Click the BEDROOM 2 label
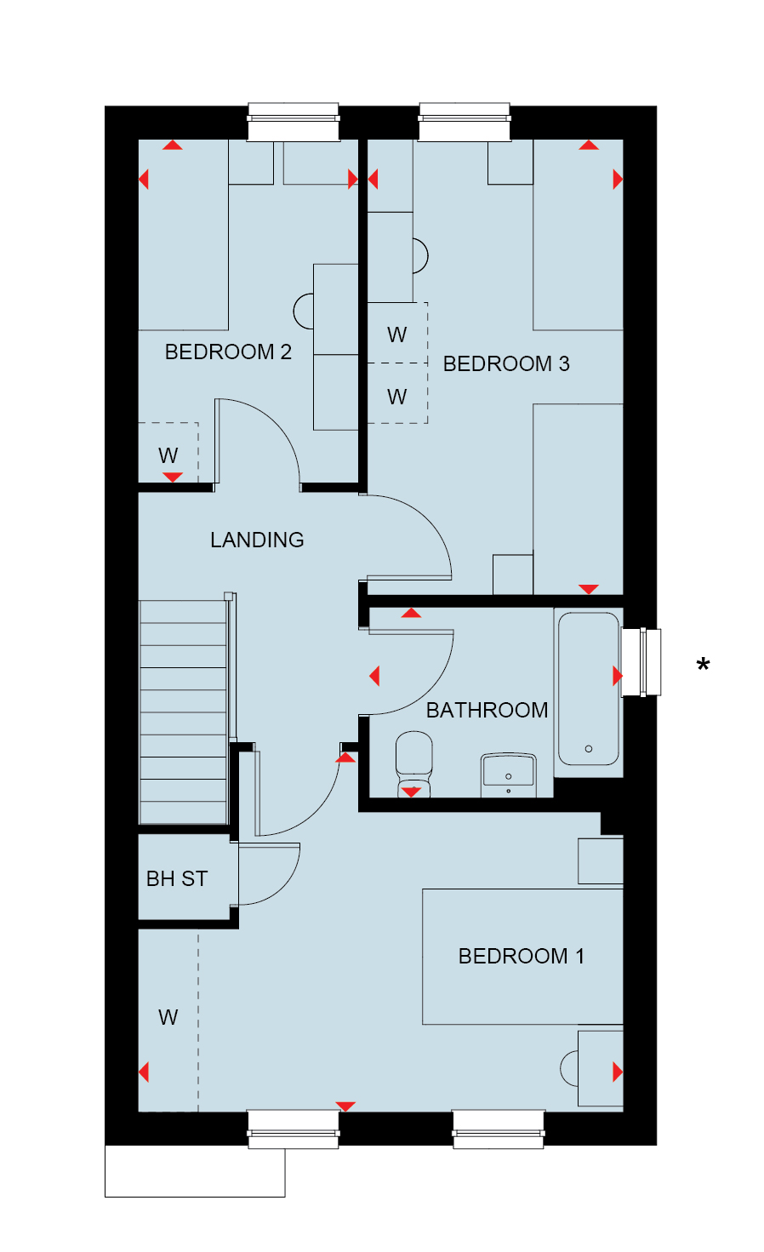228,352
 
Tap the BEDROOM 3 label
506,364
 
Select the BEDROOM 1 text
522,957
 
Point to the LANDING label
257,540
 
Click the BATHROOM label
487,711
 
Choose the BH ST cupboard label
177,879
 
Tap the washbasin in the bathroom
509,775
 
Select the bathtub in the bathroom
589,689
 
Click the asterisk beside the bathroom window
703,664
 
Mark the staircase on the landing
183,712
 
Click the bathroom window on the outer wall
641,662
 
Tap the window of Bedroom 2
294,122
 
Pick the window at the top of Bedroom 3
465,122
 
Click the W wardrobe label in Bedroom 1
168,1017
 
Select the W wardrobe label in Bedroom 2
168,455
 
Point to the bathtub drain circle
589,749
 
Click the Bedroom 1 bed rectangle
522,957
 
